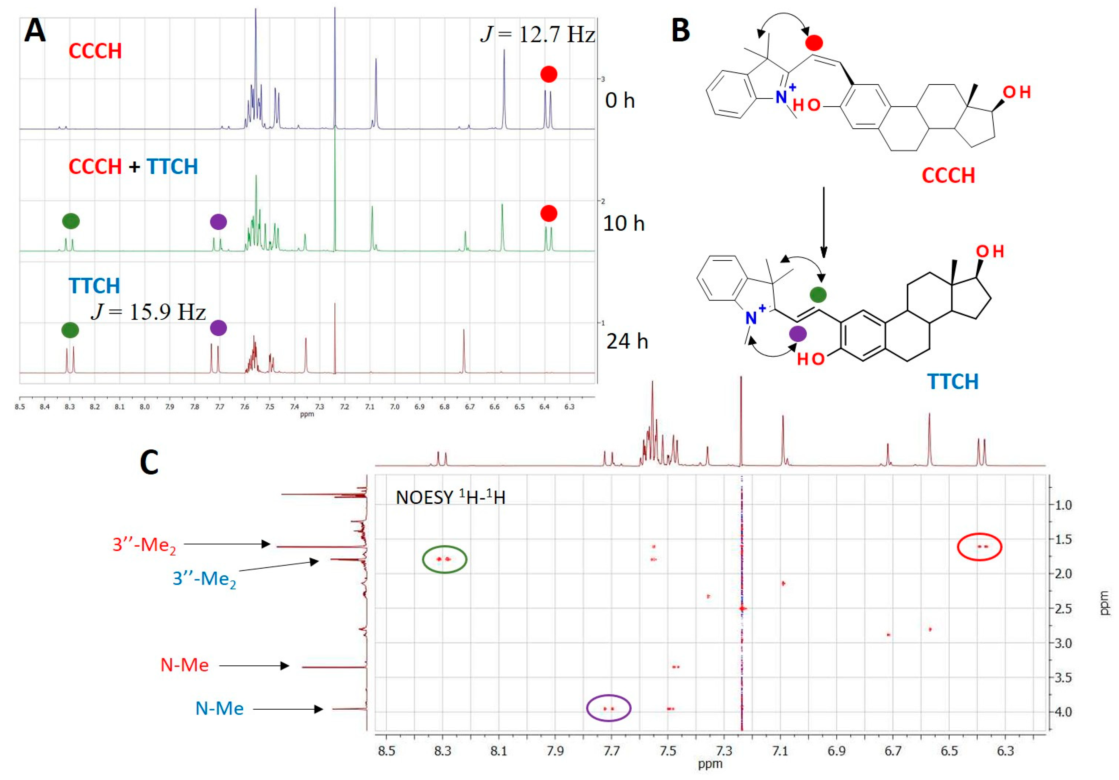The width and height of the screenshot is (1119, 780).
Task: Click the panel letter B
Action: pos(680,30)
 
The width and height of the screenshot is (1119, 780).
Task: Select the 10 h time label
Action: pos(624,224)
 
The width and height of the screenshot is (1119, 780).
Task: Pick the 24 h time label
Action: pos(627,341)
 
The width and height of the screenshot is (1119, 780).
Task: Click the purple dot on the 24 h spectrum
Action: pos(218,328)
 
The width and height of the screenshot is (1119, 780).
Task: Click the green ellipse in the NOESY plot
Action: pos(444,559)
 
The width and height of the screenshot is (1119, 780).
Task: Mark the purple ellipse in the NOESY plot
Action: pos(608,708)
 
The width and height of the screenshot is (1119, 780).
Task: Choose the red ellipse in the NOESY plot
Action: pos(979,547)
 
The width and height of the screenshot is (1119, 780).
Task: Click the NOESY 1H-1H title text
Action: pos(450,498)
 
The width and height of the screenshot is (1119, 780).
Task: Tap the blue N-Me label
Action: pos(219,708)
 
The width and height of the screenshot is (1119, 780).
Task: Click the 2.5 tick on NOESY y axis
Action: pos(1060,609)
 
